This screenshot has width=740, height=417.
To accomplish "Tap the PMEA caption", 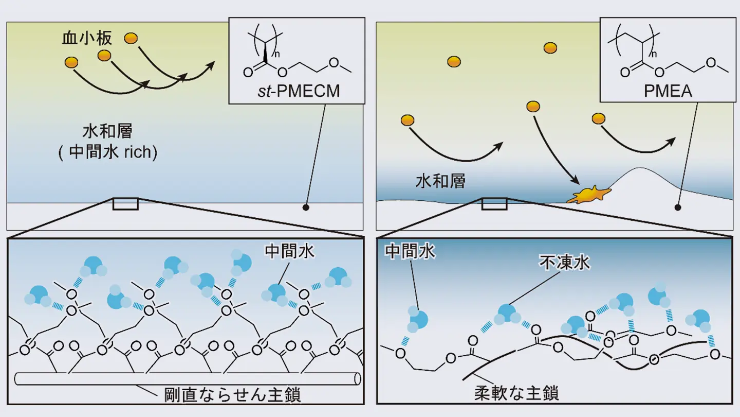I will pyautogui.click(x=668, y=92).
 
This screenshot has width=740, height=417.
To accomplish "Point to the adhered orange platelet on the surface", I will pyautogui.click(x=588, y=195).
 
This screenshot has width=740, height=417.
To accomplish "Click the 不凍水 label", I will pyautogui.click(x=564, y=264).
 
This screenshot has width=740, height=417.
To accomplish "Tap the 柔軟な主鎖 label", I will pyautogui.click(x=516, y=393).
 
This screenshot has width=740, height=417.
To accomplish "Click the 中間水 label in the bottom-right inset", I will pyautogui.click(x=410, y=251).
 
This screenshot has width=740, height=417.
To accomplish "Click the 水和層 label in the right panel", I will pyautogui.click(x=440, y=181).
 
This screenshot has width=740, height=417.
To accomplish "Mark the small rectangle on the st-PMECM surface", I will pyautogui.click(x=125, y=204).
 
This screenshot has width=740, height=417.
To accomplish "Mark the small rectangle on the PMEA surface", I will pyautogui.click(x=494, y=204).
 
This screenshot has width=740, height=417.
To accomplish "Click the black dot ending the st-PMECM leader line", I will pyautogui.click(x=306, y=207).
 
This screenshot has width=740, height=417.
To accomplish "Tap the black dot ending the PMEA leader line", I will pyautogui.click(x=678, y=208).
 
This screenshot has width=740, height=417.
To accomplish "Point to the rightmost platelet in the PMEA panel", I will pyautogui.click(x=598, y=118).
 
